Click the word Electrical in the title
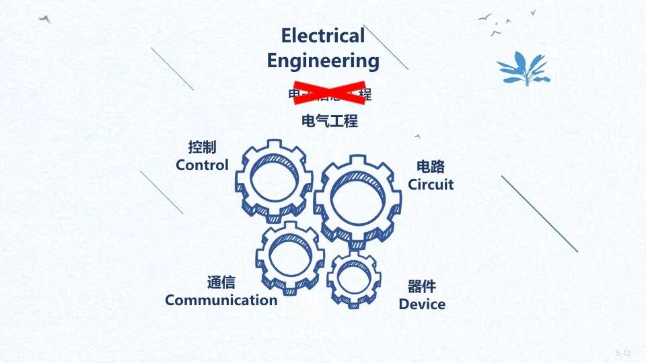click(x=323, y=35)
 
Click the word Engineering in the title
click(x=323, y=61)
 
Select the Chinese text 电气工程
click(x=330, y=121)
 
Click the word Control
click(x=202, y=165)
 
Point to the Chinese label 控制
click(x=202, y=147)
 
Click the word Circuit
click(x=431, y=184)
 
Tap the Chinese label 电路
click(x=431, y=167)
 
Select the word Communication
click(x=221, y=300)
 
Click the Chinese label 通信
click(x=221, y=282)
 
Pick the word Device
click(x=422, y=304)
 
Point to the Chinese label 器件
click(x=422, y=286)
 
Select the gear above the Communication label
click(x=289, y=257)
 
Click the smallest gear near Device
click(x=354, y=277)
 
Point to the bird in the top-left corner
click(x=45, y=19)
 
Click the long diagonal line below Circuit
click(x=540, y=214)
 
